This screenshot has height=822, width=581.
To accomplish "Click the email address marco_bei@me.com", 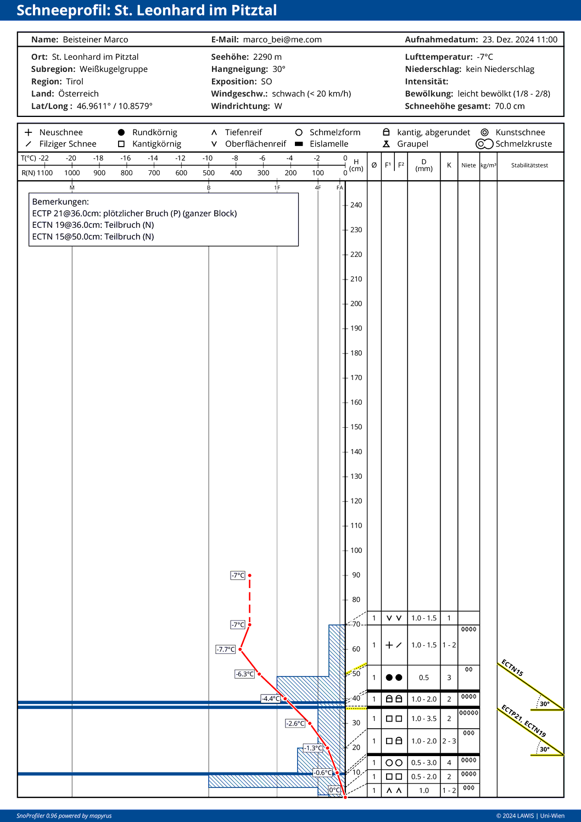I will tap(282, 40).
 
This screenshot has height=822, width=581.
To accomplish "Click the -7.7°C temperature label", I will tap(226, 649).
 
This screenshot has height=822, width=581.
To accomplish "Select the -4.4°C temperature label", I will tap(271, 698).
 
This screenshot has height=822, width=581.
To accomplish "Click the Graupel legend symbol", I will tap(387, 144).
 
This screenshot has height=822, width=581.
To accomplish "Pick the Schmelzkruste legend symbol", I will tap(484, 144).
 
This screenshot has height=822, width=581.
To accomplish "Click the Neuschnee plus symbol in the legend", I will tap(29, 132).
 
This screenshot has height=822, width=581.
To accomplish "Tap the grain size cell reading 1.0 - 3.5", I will tap(424, 718).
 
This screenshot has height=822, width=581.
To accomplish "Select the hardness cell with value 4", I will tap(449, 763).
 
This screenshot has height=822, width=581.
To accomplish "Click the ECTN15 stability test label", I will tap(512, 668).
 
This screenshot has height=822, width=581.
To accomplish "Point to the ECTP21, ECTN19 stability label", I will tap(524, 720).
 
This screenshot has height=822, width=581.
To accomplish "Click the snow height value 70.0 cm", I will tap(510, 106).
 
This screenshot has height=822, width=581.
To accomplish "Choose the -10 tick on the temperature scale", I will tap(208, 158).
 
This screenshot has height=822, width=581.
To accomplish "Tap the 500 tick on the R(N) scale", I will tap(209, 172).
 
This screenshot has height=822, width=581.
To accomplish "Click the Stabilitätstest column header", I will tap(529, 165).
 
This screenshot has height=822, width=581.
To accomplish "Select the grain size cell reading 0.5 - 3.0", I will tap(424, 763).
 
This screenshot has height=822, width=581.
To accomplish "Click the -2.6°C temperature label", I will tap(295, 723).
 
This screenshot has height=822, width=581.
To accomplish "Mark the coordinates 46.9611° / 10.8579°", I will tap(115, 106).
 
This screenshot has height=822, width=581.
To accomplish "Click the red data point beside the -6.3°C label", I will tap(259, 674).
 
